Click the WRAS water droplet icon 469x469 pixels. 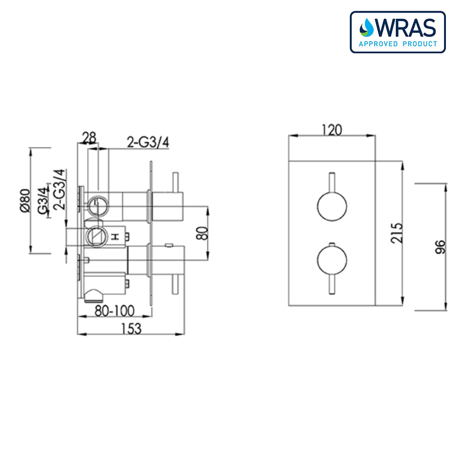pos(366,28)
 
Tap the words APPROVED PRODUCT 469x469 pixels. pos(398,44)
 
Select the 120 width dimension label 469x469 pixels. pos(332,129)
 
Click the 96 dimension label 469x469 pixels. pos(439,246)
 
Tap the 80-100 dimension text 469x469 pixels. pos(114,310)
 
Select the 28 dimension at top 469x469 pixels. pos(89,137)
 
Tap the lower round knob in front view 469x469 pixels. pos(332,260)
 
